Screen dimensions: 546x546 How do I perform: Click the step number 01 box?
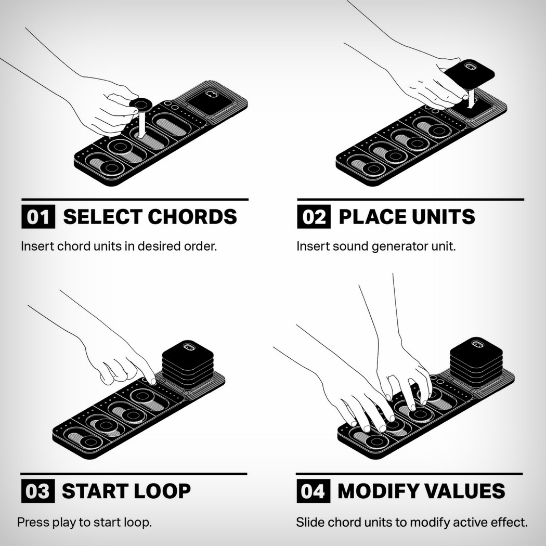pos(38,217)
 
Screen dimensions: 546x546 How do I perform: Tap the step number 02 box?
pos(314,217)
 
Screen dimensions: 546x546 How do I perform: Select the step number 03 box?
pos(38,491)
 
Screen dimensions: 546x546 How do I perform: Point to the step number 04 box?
pos(313,491)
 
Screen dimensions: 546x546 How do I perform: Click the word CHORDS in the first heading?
pos(193,217)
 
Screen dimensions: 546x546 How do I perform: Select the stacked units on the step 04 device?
pos(476,359)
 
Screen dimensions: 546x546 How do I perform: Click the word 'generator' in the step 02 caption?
pos(395,246)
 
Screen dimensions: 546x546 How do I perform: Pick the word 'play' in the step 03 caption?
pos(63,522)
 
